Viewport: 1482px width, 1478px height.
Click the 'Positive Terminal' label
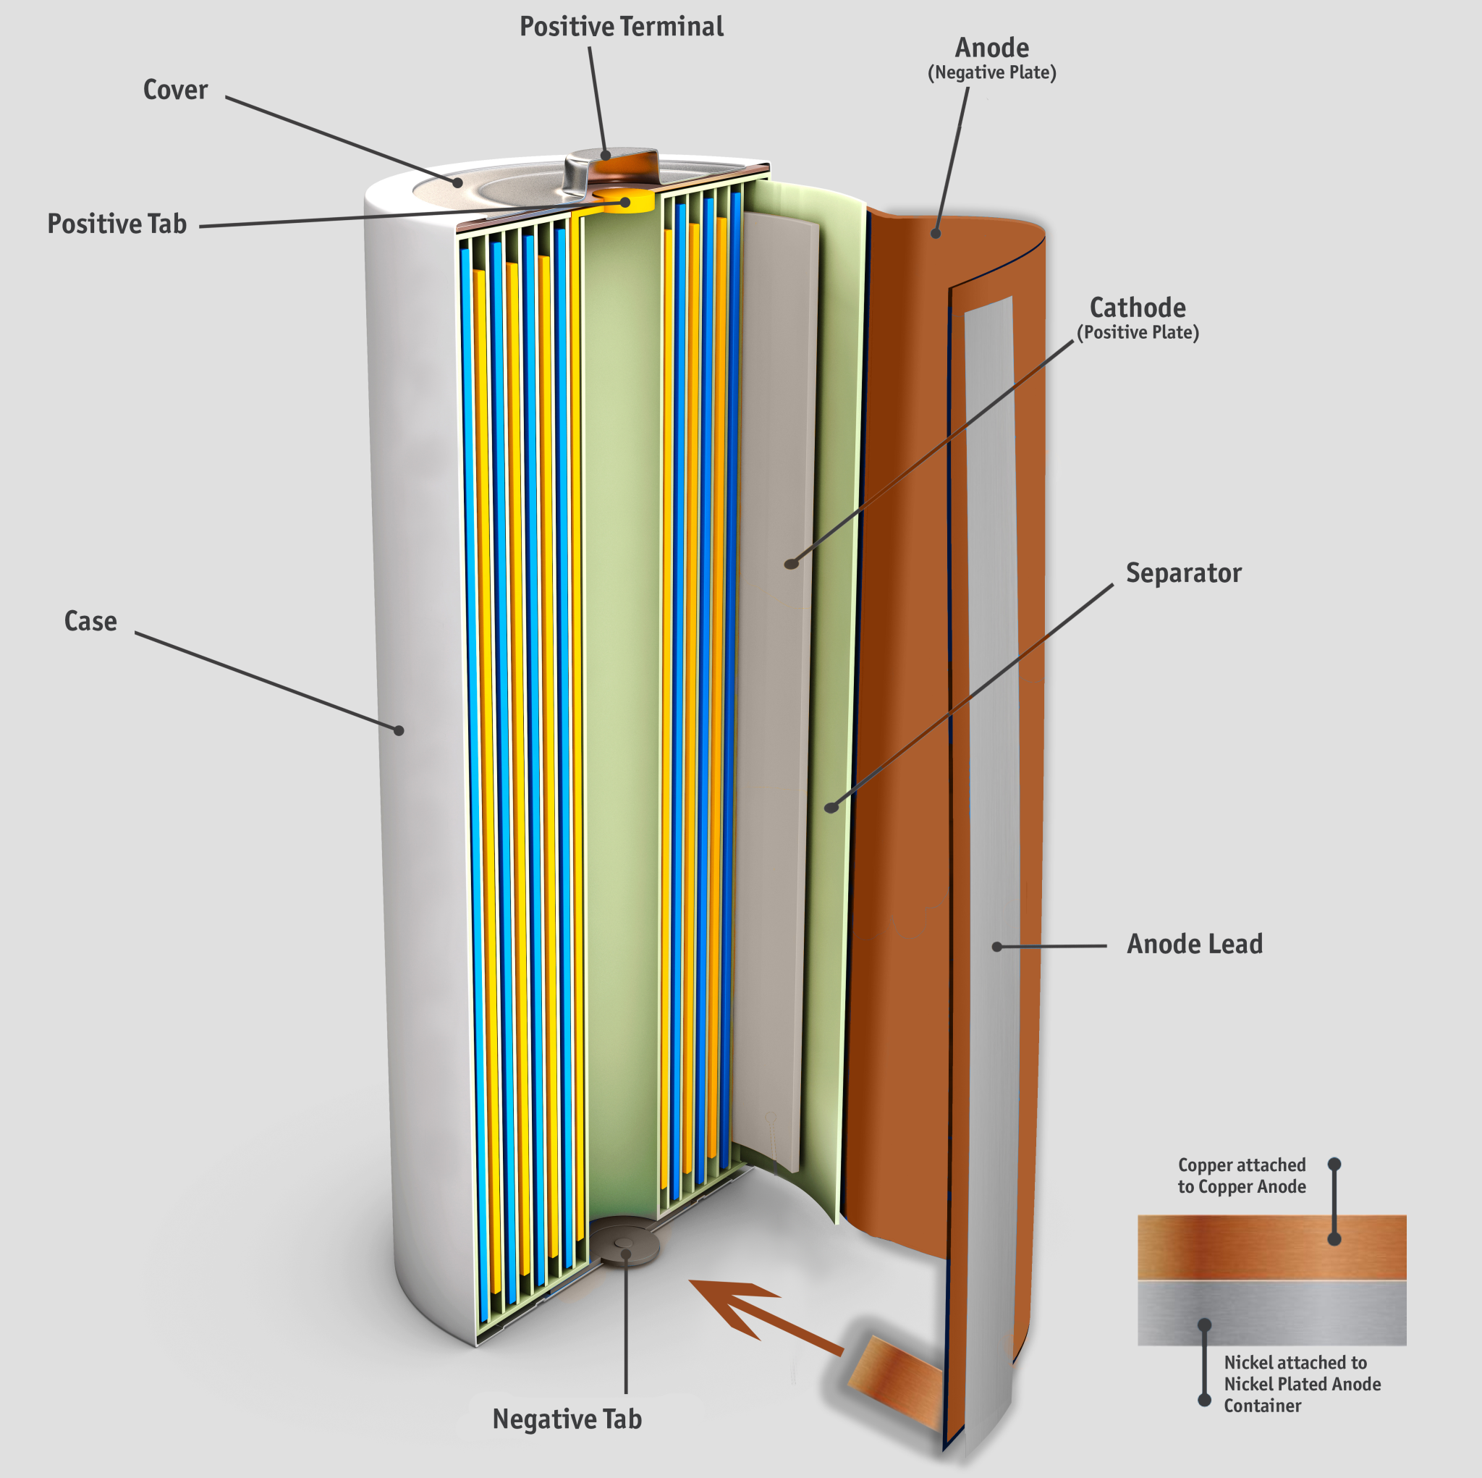[622, 27]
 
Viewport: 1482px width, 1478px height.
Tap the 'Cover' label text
[175, 90]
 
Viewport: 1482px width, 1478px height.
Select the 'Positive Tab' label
[117, 224]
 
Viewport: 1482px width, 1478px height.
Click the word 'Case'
[90, 621]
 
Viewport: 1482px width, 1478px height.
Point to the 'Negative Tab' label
[567, 1419]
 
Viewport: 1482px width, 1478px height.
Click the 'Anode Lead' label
[1194, 944]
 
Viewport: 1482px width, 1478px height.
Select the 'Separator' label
[1183, 573]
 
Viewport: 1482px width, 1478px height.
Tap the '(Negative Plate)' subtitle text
[992, 73]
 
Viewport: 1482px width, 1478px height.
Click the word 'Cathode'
[1138, 308]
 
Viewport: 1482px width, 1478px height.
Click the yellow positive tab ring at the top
[623, 201]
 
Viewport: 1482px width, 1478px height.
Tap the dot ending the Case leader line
[399, 730]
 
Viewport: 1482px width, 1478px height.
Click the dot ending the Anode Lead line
[997, 947]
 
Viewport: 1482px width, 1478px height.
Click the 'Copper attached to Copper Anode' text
[1241, 1175]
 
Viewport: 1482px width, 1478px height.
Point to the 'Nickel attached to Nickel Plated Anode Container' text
[1302, 1384]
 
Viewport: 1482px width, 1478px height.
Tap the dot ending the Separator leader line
[831, 807]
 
